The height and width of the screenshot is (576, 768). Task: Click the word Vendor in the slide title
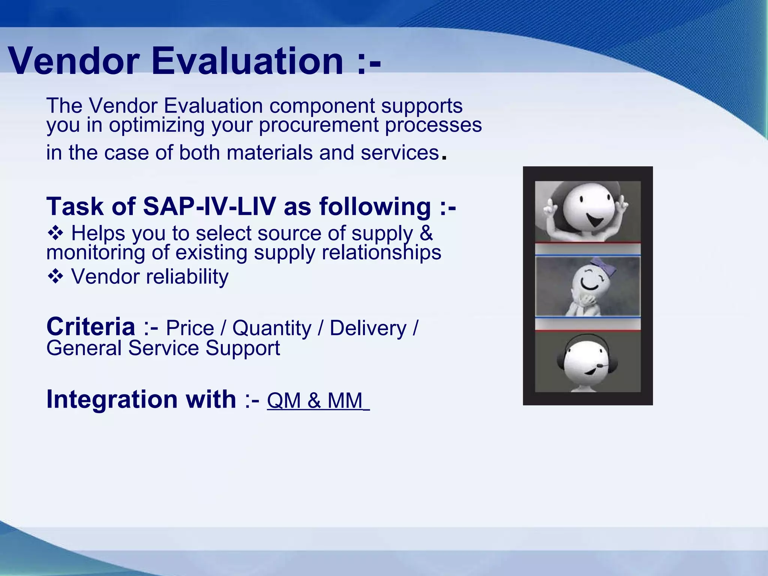click(74, 61)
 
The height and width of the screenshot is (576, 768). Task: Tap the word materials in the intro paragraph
click(269, 153)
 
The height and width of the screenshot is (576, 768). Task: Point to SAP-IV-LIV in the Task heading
click(209, 206)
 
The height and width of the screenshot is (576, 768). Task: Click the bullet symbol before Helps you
click(55, 234)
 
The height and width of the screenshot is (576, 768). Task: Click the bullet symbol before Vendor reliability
click(55, 277)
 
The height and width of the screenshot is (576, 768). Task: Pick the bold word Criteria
click(91, 327)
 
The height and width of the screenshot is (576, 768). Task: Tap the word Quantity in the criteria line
click(271, 328)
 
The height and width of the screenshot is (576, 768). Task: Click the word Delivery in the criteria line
click(368, 328)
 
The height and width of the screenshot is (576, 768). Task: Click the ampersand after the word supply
click(426, 233)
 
